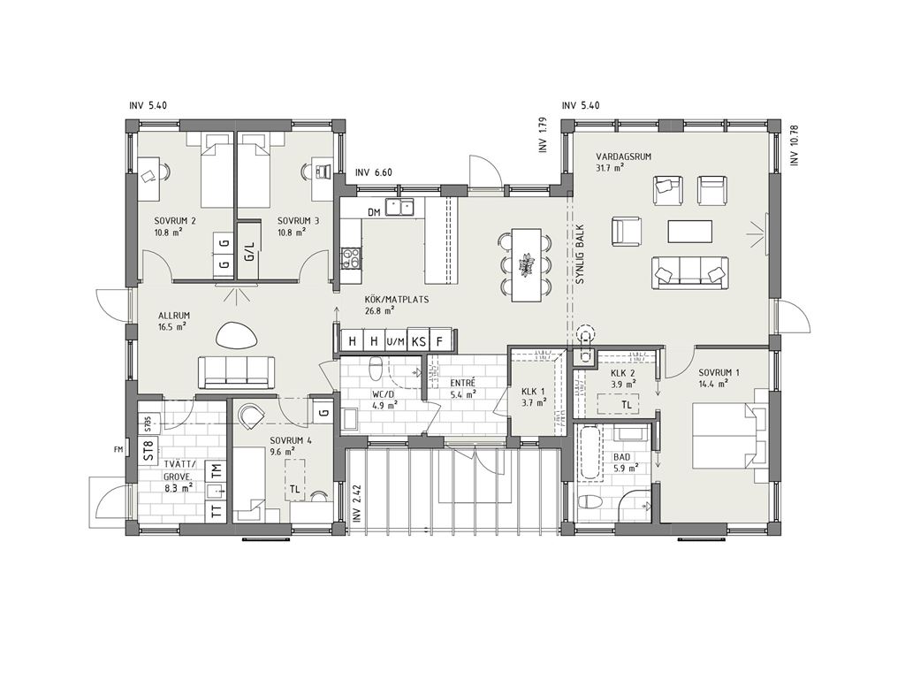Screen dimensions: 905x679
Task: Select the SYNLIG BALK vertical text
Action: coord(580,255)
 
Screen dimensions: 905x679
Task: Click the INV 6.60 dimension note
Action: coord(374,172)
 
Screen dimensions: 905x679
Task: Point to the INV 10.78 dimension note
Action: coord(795,142)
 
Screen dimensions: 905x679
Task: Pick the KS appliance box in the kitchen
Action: coord(418,341)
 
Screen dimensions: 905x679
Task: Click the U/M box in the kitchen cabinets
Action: coord(396,341)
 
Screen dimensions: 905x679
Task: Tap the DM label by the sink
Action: coord(374,212)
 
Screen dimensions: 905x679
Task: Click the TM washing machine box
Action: coord(217,470)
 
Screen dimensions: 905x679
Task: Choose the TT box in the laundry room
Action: coord(217,512)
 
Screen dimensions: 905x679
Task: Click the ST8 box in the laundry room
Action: coord(148,449)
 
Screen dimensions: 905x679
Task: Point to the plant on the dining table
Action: coord(526,265)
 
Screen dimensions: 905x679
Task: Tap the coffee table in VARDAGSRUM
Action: coord(690,231)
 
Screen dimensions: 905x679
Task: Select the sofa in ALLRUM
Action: coord(236,372)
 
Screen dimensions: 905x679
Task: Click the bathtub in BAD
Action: coord(589,453)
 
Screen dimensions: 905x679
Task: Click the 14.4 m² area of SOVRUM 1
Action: coord(711,383)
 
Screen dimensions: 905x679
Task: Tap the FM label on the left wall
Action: coord(119,448)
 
